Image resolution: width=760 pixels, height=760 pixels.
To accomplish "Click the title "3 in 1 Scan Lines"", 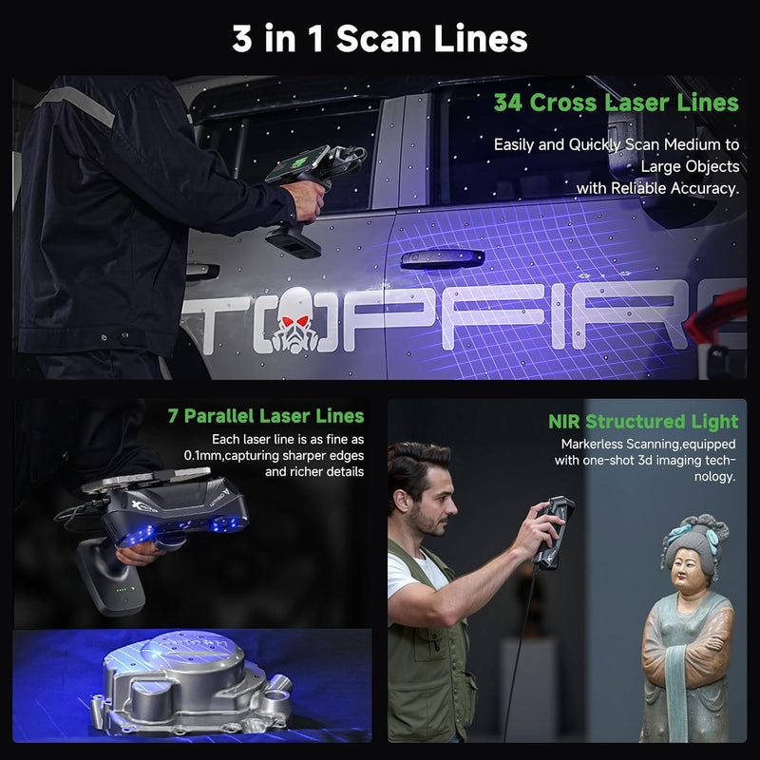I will click(380, 39).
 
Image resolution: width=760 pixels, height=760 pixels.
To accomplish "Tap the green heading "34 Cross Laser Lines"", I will click(615, 103).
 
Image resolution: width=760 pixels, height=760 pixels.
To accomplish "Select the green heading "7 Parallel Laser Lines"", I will click(265, 416).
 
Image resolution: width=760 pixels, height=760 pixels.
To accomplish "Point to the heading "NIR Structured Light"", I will click(642, 422).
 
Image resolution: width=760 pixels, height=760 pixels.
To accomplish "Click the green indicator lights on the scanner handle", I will click(123, 597).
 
